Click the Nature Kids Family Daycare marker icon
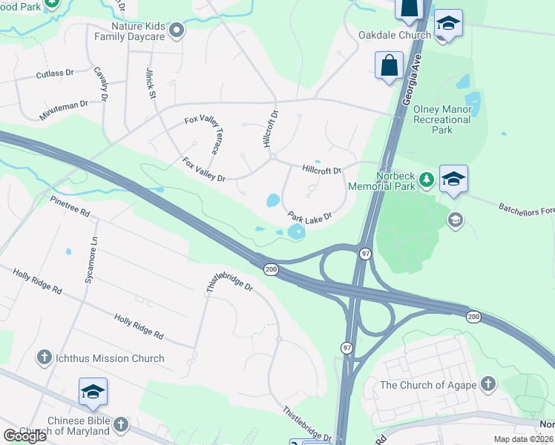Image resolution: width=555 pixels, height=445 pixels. pos(177,31)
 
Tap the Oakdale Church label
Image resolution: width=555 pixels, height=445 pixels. pos(394,35)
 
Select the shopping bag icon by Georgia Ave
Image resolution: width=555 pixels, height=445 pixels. pos(390,65)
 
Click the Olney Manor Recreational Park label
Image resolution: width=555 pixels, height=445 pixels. pos(442,119)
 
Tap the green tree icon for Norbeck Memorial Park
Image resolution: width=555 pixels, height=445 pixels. pos(426,179)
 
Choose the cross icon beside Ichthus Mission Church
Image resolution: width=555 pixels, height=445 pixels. pos(44,359)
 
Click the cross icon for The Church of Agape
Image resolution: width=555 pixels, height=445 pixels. pos(487,384)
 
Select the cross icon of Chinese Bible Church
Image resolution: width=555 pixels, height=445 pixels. pos(120,424)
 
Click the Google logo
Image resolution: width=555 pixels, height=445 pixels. pos(24,435)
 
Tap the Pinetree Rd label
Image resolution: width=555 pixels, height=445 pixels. pos(70,206)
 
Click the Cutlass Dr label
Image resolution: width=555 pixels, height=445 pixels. pos(55,74)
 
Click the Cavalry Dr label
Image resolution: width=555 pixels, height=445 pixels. pos(102,84)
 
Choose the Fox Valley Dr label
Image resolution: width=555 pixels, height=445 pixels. pos(204,168)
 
